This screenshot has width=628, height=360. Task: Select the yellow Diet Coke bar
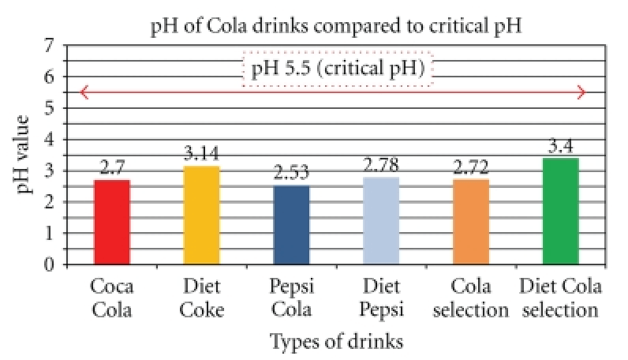202,215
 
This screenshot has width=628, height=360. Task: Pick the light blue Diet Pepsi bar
381,221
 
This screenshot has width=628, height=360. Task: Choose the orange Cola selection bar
471,222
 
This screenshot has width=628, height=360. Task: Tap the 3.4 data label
561,147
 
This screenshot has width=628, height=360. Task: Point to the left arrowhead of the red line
84,92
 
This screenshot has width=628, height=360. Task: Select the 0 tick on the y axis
52,264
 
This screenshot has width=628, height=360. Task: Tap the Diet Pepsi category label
381,298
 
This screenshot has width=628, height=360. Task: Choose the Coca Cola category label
112,298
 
